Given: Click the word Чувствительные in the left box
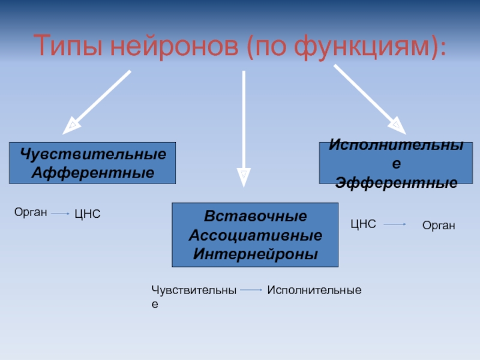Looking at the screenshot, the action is click(92, 154).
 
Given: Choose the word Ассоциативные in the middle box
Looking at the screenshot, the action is click(255, 235).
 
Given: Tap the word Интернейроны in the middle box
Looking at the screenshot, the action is click(255, 253).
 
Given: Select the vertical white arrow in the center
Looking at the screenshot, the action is click(244, 126).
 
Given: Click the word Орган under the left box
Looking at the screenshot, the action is click(30, 211).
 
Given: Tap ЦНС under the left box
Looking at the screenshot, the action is click(87, 214).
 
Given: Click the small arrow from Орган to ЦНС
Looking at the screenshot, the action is click(60, 213).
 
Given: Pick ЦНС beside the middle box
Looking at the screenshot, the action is click(363, 224).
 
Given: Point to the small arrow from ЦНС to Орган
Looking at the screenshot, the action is click(395, 224).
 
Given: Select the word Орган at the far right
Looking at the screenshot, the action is click(439, 226).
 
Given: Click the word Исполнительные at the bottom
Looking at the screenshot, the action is click(314, 290).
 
